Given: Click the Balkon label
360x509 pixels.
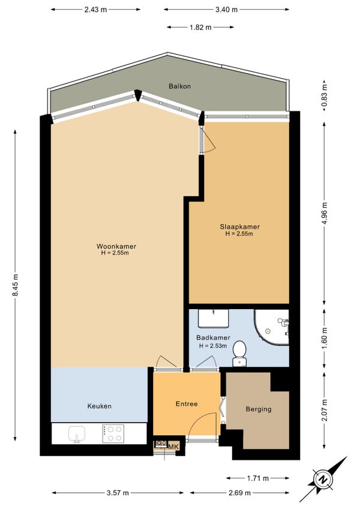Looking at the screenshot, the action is (x=179, y=86).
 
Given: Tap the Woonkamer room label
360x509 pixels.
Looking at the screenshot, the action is (x=116, y=246).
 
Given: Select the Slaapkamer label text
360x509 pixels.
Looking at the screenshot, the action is (x=239, y=227).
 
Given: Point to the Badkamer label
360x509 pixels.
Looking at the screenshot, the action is (x=213, y=337).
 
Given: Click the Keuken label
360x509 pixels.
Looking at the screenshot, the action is (x=100, y=406).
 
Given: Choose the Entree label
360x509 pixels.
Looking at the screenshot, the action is (x=187, y=404).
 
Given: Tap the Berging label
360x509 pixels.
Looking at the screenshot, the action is (x=259, y=409).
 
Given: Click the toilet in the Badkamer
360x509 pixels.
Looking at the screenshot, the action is (x=239, y=353).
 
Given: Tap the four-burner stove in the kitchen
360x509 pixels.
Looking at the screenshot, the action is (x=113, y=434).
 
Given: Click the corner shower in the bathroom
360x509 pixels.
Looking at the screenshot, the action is (x=272, y=327).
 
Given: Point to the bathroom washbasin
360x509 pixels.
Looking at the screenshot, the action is (x=213, y=319).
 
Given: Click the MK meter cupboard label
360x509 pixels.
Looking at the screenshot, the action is (x=173, y=447).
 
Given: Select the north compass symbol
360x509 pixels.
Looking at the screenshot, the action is (x=323, y=480).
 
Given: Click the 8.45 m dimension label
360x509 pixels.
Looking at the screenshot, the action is (x=15, y=285).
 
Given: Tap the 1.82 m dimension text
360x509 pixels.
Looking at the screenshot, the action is (x=200, y=27).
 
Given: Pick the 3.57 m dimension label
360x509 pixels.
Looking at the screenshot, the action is (x=118, y=493).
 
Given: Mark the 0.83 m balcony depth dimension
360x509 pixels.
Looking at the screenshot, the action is (x=324, y=95).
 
